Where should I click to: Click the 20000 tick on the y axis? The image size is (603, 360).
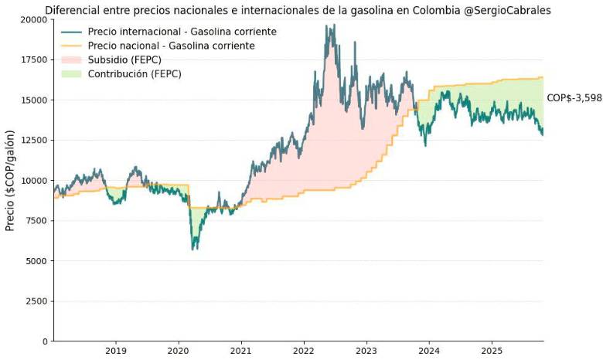coord(33,19)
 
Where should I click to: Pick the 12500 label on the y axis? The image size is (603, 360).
coord(33,140)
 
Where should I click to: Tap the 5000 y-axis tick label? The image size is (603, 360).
coord(36,261)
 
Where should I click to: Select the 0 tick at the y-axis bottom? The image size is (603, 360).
coord(45,341)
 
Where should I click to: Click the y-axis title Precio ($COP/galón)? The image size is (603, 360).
coord(10,179)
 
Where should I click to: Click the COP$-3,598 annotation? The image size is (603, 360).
coord(574,98)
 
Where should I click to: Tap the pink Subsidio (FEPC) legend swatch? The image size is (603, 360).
coord(70,59)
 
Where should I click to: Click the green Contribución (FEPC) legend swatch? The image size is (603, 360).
coord(70,73)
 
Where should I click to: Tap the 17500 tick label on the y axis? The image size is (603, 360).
coord(33,59)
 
